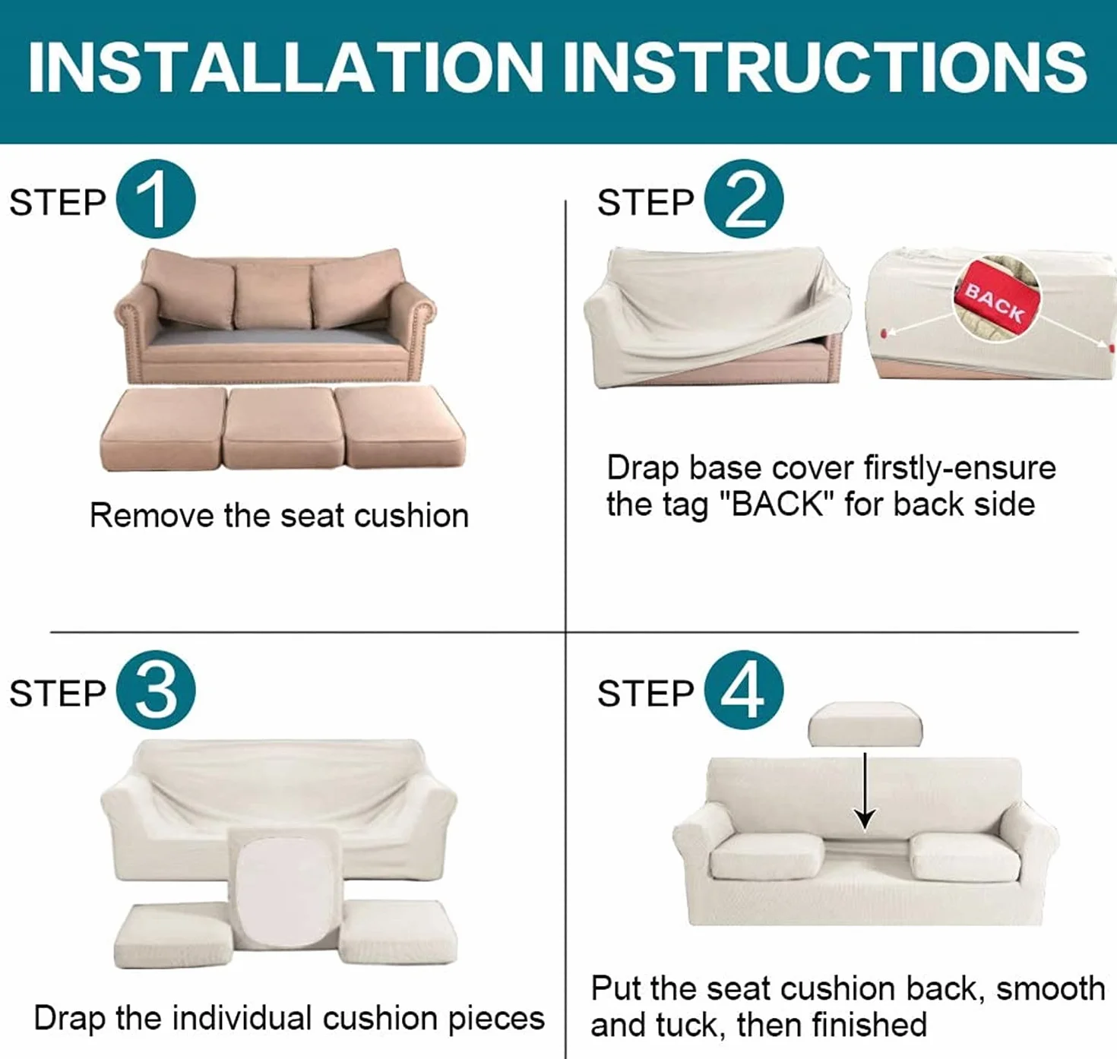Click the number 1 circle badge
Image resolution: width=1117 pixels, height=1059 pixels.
[156, 199]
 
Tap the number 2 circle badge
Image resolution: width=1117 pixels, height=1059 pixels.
[744, 199]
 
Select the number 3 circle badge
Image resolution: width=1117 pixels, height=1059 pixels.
[156, 690]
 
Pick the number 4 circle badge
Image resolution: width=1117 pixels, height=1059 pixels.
[744, 690]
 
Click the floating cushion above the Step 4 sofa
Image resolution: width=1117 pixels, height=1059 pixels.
[865, 725]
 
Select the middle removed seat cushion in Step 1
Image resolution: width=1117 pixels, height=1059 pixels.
[283, 428]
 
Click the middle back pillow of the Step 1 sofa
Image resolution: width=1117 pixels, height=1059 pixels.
[274, 296]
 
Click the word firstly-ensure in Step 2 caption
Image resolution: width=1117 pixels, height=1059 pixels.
[960, 469]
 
